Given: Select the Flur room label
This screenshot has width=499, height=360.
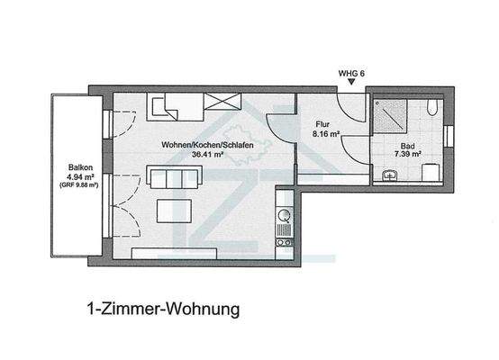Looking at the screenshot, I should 323,125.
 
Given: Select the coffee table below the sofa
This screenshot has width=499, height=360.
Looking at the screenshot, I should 176,211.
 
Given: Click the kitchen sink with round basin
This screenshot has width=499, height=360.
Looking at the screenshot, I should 285,216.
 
